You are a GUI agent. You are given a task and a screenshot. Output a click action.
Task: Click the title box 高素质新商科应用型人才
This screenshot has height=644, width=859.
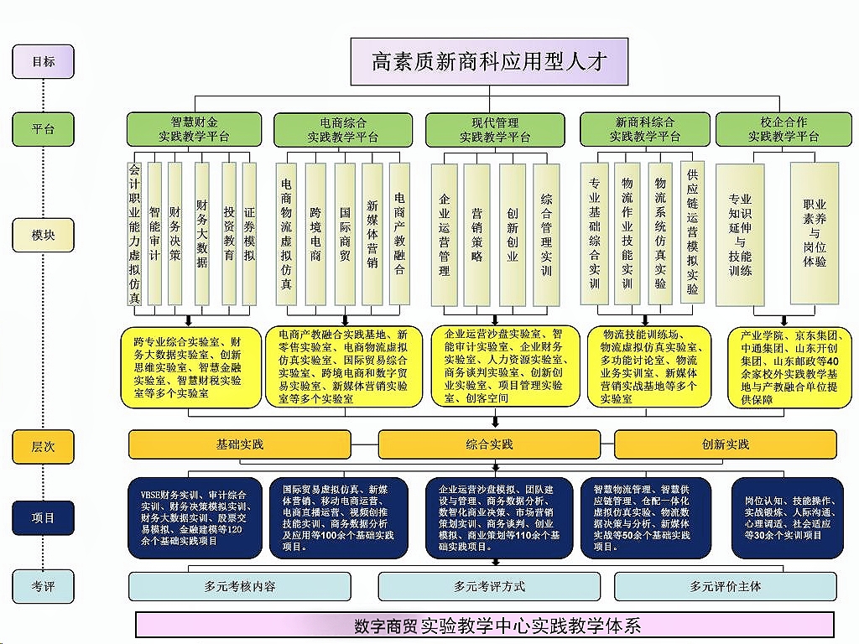tap(489, 61)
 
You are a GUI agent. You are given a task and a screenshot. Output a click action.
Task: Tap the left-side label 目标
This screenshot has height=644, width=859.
tap(43, 61)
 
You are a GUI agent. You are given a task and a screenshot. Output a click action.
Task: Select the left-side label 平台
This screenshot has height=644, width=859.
tap(43, 129)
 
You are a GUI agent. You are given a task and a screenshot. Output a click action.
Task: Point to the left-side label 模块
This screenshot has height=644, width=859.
tap(43, 235)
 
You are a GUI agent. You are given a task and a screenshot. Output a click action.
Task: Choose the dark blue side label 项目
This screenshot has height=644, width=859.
tap(43, 518)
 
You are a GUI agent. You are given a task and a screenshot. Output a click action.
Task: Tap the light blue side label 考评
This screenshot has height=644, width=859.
tap(43, 586)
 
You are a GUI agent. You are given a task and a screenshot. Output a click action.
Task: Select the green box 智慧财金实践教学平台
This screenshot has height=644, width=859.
tap(195, 129)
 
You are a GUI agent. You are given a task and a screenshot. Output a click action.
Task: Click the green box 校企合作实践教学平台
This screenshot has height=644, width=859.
tap(784, 129)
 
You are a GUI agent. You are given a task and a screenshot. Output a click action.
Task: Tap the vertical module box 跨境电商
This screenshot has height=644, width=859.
tap(315, 235)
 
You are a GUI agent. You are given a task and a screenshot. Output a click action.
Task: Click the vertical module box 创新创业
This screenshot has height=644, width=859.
tap(512, 235)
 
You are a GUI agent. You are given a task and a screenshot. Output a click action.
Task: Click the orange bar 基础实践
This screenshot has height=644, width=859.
tap(240, 444)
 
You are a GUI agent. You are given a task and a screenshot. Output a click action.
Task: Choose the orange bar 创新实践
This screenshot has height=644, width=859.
tap(726, 444)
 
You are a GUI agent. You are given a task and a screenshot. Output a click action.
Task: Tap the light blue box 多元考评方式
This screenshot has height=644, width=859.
tap(490, 586)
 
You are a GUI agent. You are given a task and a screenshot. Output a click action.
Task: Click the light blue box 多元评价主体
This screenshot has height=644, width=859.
tap(726, 586)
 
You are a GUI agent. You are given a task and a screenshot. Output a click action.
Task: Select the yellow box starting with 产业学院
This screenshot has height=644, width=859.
tap(789, 367)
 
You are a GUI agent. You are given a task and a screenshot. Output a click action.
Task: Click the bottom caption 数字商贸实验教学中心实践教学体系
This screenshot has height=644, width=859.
tap(485, 625)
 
